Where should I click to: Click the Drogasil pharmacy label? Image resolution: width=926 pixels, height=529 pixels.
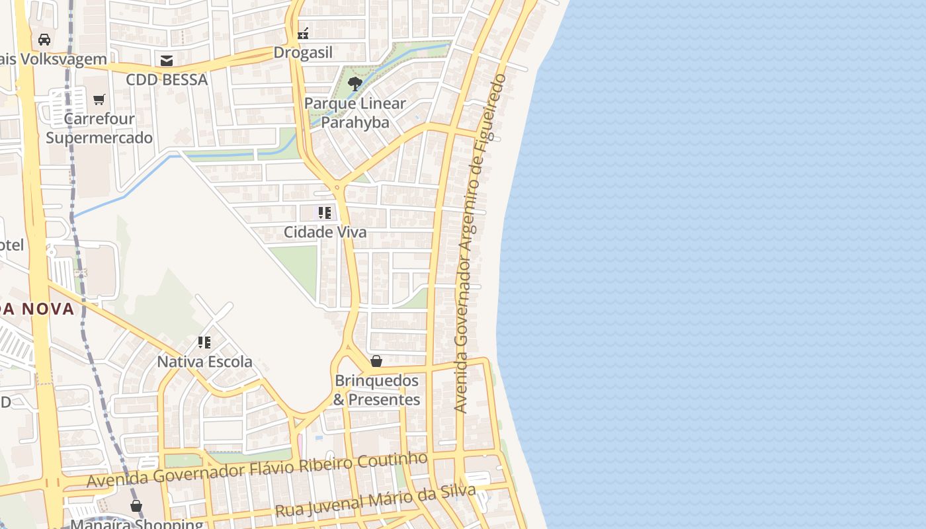click(x=303, y=53)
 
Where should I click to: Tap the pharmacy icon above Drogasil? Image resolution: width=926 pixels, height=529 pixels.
click(x=303, y=33)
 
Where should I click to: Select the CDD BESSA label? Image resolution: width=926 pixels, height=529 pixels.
click(x=167, y=80)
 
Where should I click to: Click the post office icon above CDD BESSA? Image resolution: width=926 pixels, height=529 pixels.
click(x=167, y=61)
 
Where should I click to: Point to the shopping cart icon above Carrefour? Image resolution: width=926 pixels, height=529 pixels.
click(x=99, y=100)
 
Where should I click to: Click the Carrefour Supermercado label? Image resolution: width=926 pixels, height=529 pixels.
click(x=99, y=128)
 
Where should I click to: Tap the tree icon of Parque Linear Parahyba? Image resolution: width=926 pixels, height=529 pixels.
click(x=355, y=83)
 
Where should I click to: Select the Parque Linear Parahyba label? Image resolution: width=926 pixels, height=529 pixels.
click(x=355, y=113)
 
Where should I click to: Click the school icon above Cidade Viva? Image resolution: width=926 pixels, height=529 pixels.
click(x=324, y=213)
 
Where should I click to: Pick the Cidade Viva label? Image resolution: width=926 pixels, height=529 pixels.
click(x=325, y=232)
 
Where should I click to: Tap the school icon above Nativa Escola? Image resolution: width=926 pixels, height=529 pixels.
click(x=204, y=343)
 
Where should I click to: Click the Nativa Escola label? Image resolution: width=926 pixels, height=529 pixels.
click(x=204, y=362)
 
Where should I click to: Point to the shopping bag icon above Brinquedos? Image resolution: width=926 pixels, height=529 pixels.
click(x=376, y=361)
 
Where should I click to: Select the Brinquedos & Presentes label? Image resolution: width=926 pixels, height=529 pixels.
click(x=376, y=390)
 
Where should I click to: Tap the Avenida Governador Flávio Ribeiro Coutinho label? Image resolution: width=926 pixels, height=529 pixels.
click(x=257, y=469)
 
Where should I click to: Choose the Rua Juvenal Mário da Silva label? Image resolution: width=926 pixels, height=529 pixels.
click(x=375, y=501)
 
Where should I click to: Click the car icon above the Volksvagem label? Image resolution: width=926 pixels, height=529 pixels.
click(x=44, y=40)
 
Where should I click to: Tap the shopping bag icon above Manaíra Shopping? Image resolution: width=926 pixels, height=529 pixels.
click(x=136, y=507)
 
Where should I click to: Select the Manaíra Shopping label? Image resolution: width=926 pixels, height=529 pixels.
click(x=137, y=524)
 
